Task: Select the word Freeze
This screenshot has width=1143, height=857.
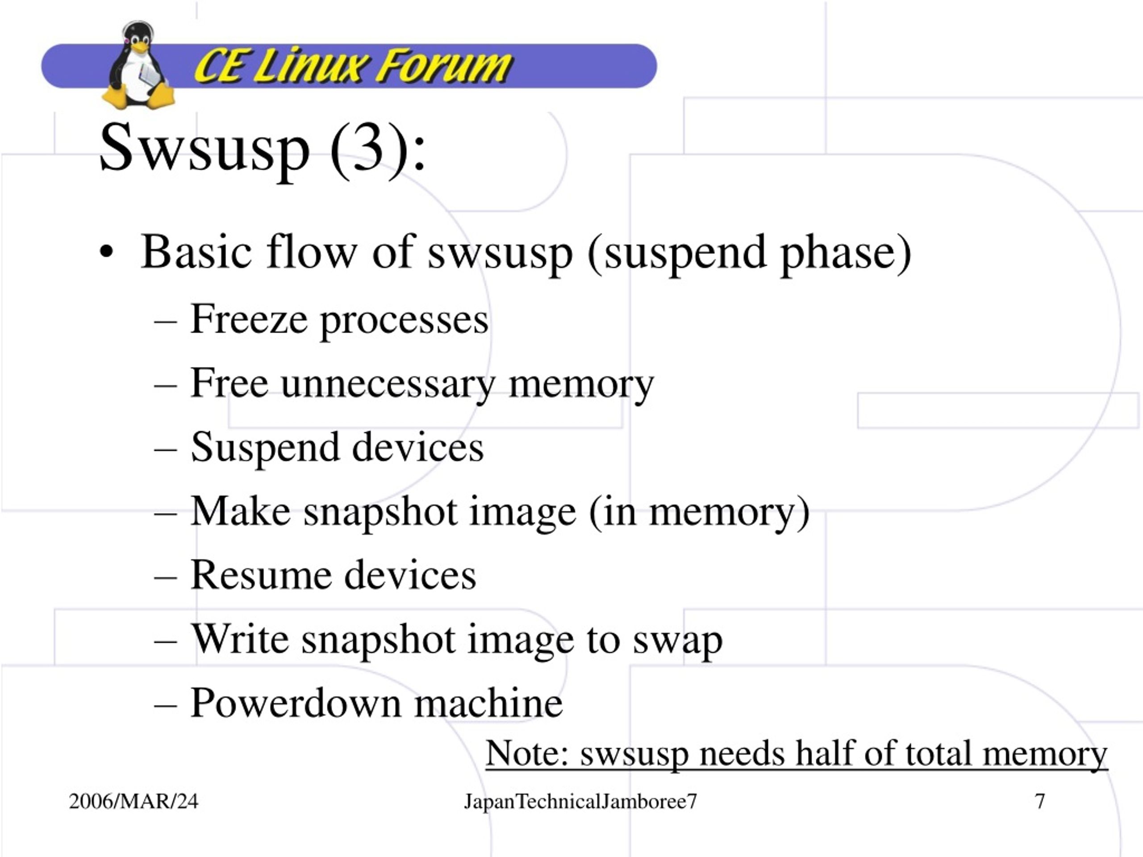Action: point(249,319)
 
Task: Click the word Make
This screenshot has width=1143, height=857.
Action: point(241,511)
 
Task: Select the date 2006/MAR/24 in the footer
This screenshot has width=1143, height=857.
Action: point(133,802)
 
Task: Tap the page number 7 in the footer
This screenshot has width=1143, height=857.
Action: point(1040,802)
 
